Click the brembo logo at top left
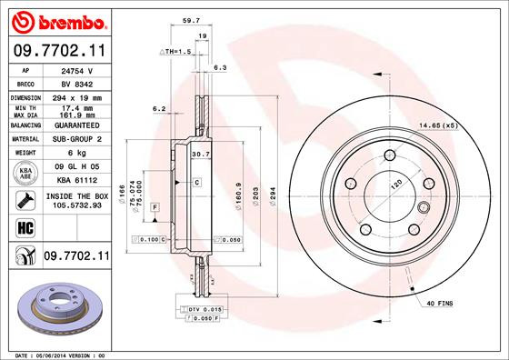(57, 21)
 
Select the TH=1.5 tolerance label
(175, 52)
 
